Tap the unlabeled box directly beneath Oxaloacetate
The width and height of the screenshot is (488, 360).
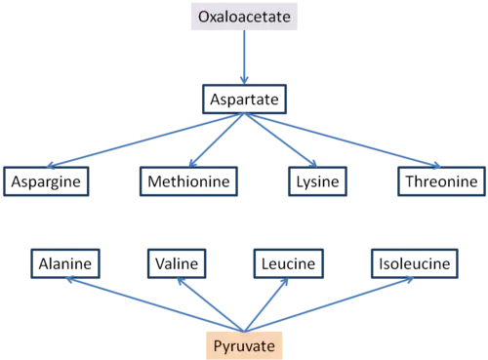[x=245, y=96]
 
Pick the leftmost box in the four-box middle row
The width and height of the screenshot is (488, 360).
[x=48, y=182]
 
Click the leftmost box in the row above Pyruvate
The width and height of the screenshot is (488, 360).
[x=64, y=261]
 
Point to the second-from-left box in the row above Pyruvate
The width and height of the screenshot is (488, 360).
[x=176, y=261]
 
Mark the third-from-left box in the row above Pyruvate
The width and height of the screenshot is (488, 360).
[x=286, y=261]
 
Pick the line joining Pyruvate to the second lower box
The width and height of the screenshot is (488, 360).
[x=212, y=306]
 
